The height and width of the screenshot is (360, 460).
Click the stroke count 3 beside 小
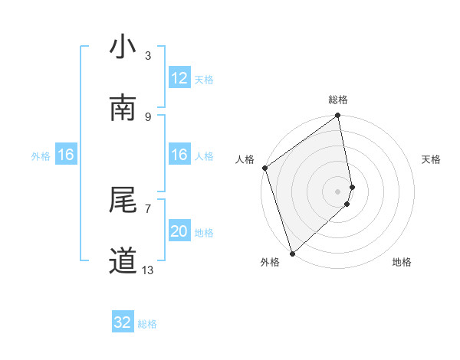pos(148,56)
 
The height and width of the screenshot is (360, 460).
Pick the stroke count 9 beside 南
pos(148,116)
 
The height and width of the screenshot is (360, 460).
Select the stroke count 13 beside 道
pos(148,270)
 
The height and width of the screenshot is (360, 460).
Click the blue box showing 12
pos(179,78)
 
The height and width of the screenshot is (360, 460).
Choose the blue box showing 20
pos(179,231)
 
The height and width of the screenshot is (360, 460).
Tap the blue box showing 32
pos(123,322)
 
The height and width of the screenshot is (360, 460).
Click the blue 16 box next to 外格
pos(66,155)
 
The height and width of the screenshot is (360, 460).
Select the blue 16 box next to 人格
pos(179,155)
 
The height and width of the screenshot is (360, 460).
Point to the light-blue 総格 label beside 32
pos(147,324)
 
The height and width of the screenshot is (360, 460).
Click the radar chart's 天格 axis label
pos(431,159)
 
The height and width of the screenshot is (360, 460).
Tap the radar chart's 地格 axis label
pos(402,262)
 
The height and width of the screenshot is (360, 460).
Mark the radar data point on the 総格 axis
pos(338,116)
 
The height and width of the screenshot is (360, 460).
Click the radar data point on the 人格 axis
pos(264,168)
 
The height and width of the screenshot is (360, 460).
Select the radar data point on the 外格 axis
pos(292,253)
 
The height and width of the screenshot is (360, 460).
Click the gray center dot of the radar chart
pos(338,191)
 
